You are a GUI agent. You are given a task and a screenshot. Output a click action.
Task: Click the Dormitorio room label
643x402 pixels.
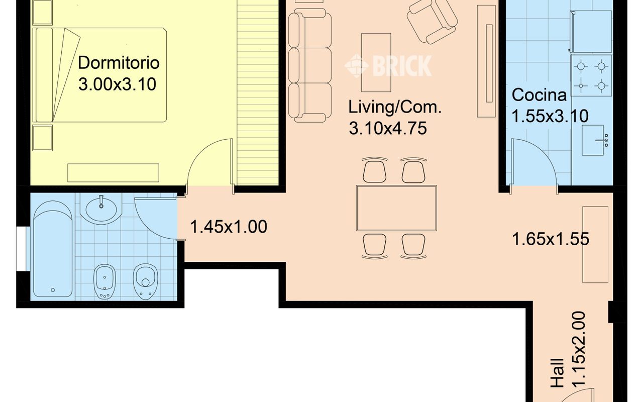119,63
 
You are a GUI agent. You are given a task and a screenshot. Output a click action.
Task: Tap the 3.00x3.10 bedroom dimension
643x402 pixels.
118,84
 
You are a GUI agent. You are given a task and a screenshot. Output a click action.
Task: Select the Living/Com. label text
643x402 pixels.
395,107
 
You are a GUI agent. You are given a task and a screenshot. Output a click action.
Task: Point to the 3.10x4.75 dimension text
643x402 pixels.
388,128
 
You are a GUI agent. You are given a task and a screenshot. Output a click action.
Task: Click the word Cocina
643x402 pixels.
539,95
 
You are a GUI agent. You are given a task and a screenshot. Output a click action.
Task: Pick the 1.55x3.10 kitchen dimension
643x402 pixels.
550,116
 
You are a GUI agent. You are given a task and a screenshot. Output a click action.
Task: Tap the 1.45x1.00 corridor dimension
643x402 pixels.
229,227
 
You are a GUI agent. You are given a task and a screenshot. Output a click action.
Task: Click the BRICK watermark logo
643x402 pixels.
388,66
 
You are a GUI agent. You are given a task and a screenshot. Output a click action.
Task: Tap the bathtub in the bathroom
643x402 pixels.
53,249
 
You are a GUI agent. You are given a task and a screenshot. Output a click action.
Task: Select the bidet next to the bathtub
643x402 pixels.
105,281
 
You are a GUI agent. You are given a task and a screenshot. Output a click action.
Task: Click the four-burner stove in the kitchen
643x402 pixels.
591,75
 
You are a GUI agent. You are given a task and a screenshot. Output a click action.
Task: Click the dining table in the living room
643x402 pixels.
396,208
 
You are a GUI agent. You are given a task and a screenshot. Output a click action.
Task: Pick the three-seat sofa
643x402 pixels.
310,65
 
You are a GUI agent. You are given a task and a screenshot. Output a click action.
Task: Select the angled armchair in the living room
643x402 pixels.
432,21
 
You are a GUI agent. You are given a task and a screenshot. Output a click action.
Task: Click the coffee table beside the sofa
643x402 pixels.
376,62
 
